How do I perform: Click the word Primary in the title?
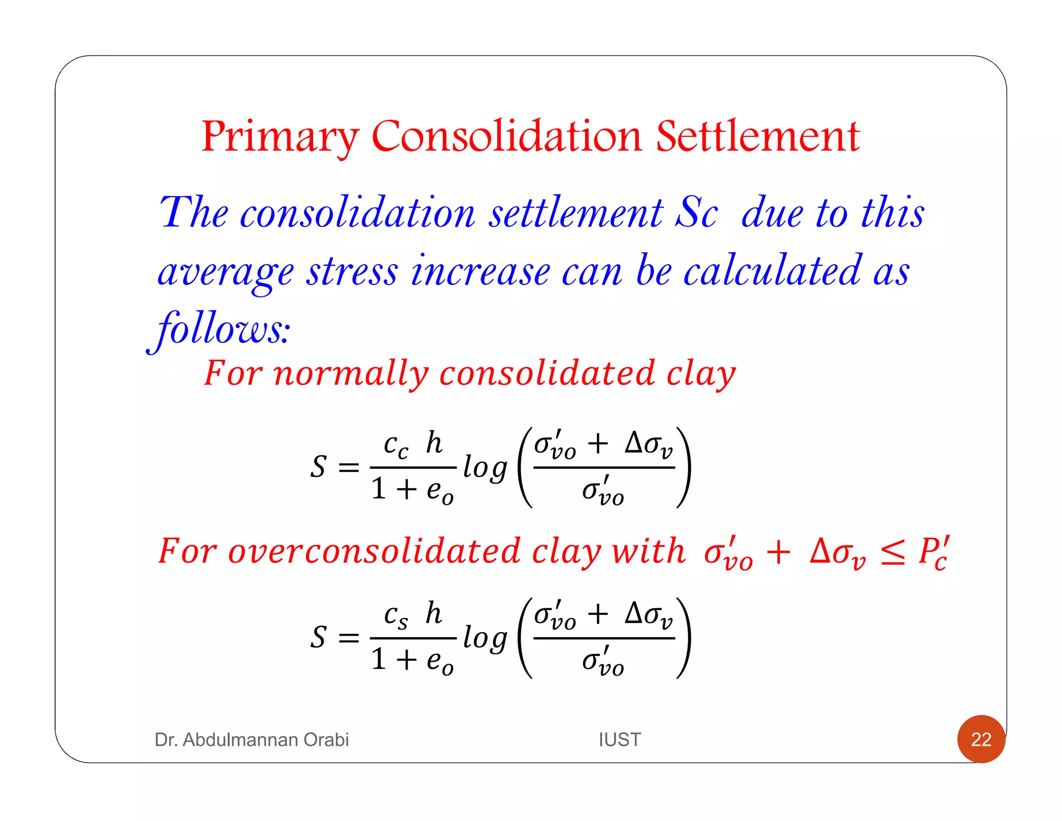[280, 136]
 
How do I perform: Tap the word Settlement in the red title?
[758, 136]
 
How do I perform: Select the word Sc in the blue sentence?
[696, 213]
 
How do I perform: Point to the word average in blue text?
[226, 272]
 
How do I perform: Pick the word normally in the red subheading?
[351, 373]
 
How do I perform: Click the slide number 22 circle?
[981, 739]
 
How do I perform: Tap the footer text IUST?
[619, 740]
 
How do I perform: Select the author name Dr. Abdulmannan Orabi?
[251, 740]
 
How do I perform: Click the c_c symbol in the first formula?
[396, 446]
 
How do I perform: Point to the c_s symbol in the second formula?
[396, 616]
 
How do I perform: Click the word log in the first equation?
[484, 468]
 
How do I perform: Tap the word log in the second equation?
[484, 638]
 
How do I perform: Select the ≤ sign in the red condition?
[893, 552]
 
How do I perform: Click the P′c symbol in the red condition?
[934, 552]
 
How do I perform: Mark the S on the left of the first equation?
[318, 467]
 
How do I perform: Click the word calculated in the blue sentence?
[772, 271]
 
